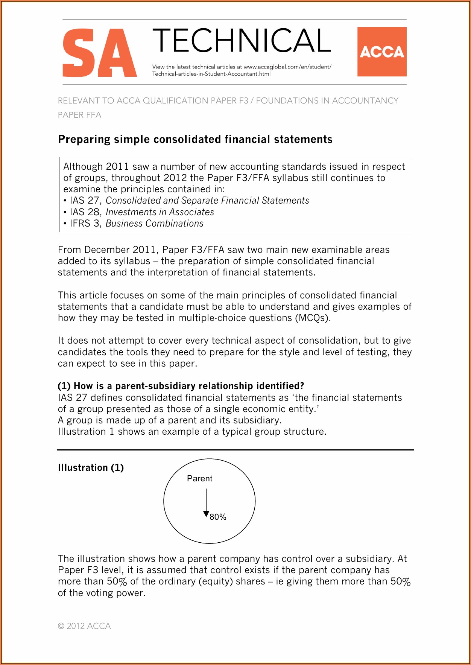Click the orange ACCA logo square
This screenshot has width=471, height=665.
(382, 52)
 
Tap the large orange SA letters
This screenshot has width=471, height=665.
(99, 53)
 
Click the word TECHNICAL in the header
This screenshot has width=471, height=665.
(242, 41)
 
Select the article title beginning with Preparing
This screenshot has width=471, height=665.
(195, 140)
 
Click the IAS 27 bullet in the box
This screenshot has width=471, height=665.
(85, 201)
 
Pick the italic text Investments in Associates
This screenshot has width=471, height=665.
(160, 212)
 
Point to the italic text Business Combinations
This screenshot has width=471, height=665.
(154, 224)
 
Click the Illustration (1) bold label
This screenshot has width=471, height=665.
(91, 468)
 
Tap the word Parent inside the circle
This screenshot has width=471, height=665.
(199, 479)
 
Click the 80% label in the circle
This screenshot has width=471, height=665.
(218, 517)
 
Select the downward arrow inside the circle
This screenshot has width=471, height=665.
(206, 503)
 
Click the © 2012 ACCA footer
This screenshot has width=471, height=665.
(84, 626)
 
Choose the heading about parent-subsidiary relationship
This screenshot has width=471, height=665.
(181, 386)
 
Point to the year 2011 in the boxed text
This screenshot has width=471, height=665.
(117, 167)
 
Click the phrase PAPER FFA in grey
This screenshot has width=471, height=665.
(79, 115)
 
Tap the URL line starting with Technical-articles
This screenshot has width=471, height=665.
(211, 74)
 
